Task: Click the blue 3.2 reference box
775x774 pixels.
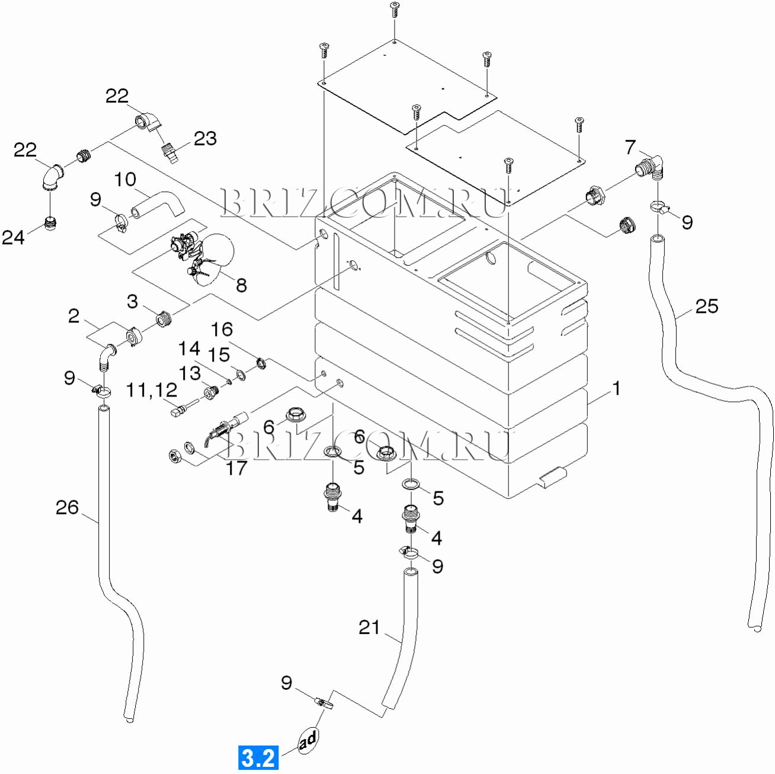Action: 258,757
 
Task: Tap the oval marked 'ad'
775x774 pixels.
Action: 308,740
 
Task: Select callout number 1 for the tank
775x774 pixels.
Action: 616,389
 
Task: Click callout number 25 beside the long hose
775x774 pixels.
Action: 706,306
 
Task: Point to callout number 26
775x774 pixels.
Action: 67,507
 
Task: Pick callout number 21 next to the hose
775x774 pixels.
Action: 369,627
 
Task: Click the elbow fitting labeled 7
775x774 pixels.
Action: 652,165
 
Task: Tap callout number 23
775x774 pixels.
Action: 205,139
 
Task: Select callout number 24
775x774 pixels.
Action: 13,237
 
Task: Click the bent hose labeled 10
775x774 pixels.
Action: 157,204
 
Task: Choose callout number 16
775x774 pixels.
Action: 222,330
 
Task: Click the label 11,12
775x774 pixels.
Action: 151,390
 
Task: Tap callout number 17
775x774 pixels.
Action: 236,468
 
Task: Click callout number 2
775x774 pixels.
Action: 73,316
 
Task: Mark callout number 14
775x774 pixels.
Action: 189,348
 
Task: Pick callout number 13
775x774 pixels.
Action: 190,373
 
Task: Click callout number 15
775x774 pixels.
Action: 219,355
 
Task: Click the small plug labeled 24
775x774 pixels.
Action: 50,223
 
